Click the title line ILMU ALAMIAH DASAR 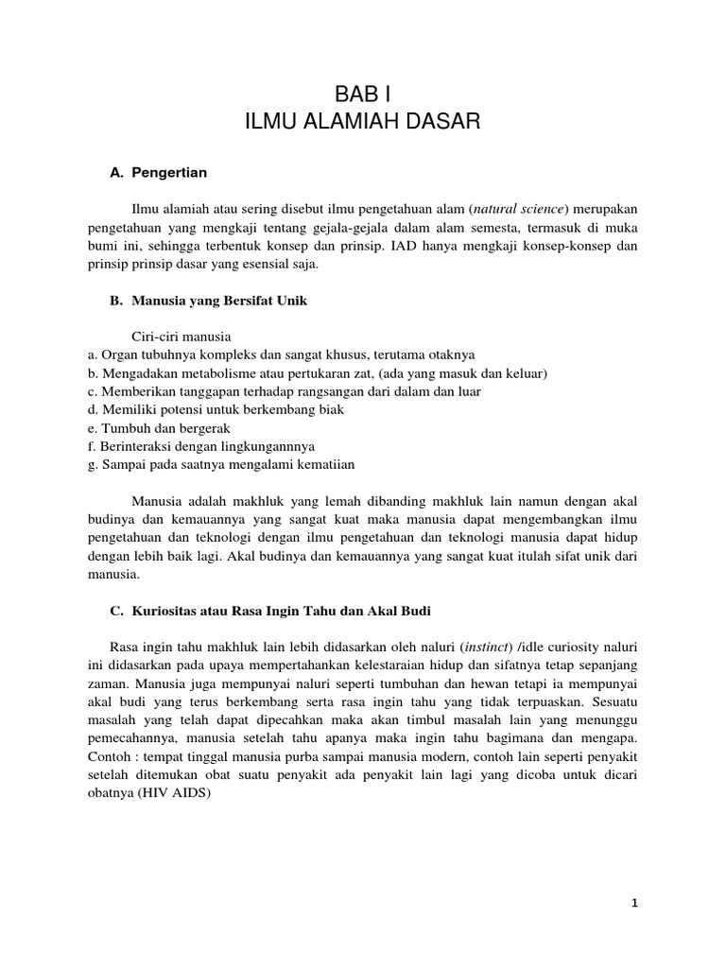point(363,121)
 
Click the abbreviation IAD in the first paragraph point(406,247)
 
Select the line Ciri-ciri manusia point(180,337)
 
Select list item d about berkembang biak point(215,409)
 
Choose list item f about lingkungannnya point(199,445)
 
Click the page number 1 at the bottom point(635,903)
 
